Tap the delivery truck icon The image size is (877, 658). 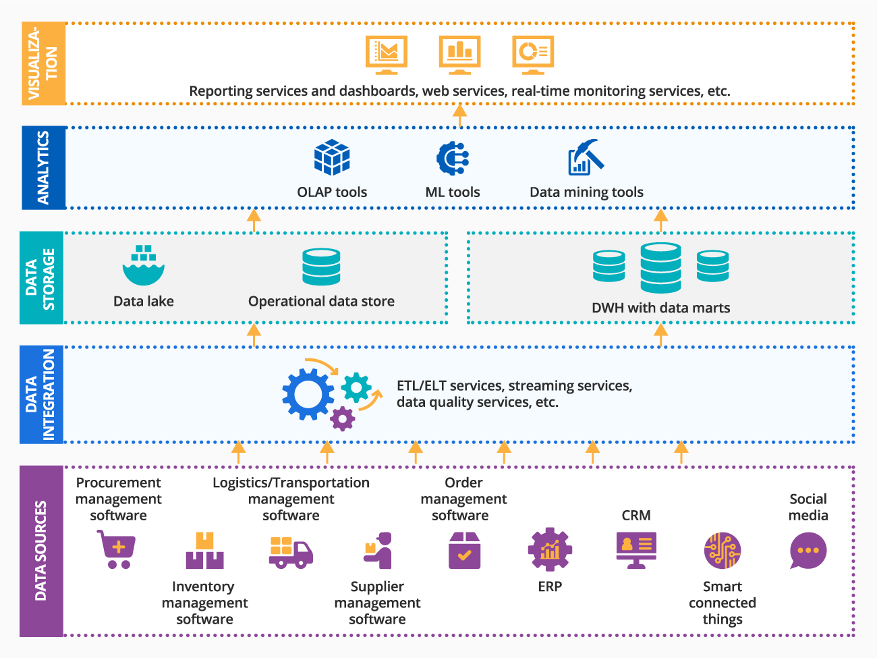[291, 553]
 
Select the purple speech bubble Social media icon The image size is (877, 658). [808, 551]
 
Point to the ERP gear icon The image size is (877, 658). [550, 549]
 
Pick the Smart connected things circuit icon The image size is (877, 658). [722, 551]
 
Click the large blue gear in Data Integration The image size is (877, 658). [308, 394]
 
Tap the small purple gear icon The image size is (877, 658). [343, 419]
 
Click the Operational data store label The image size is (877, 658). [321, 302]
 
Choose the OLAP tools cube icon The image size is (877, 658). [332, 157]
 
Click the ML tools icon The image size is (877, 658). [452, 159]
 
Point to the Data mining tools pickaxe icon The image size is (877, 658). [586, 157]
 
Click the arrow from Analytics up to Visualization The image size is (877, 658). [459, 115]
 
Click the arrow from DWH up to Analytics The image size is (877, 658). [661, 220]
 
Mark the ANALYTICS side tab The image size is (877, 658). [43, 167]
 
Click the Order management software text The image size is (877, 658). [463, 499]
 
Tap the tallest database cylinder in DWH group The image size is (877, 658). [660, 268]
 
